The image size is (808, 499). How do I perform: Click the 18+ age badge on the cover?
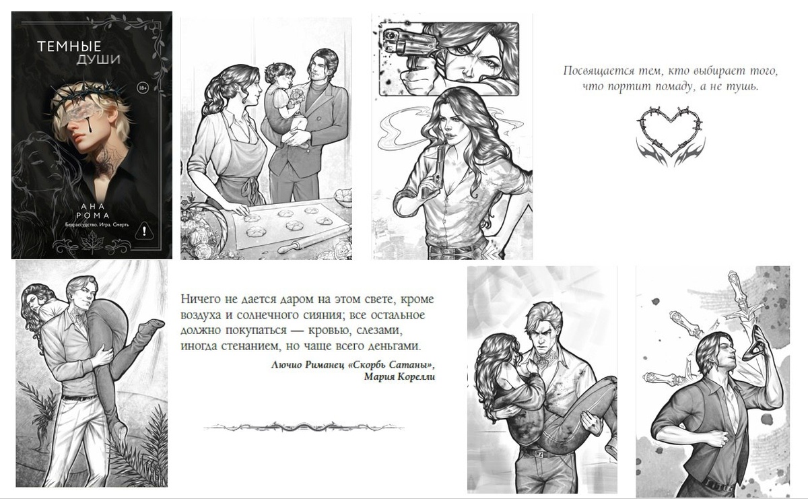(x=143, y=88)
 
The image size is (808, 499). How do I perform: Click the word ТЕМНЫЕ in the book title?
(x=69, y=46)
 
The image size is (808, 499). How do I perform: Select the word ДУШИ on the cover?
(x=98, y=59)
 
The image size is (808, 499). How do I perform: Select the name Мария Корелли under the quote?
(x=400, y=377)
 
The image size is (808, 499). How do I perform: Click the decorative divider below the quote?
(x=304, y=428)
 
